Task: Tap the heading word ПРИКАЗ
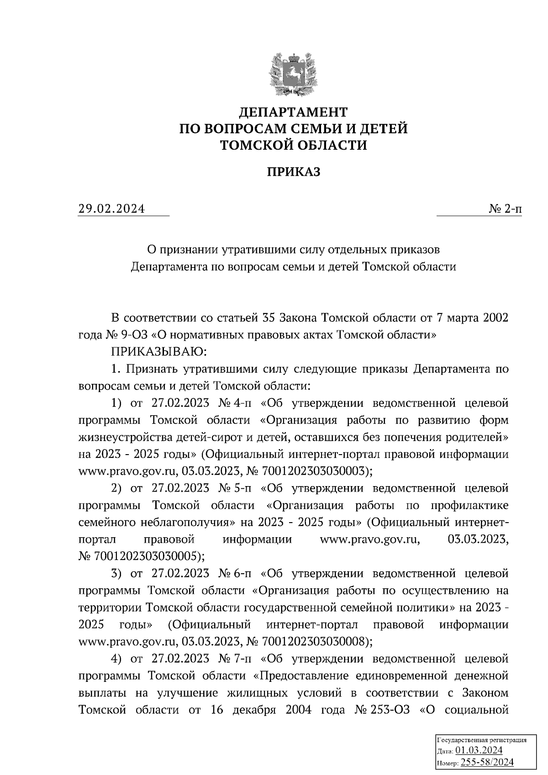[x=293, y=172]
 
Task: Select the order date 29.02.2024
[x=111, y=209]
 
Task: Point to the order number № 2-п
[x=505, y=209]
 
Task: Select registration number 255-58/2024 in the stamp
[x=487, y=762]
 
